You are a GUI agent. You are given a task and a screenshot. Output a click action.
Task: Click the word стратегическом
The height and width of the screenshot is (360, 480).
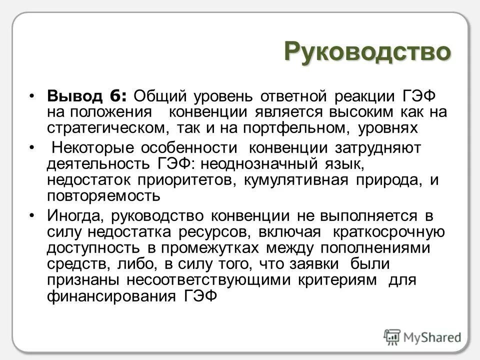[x=108, y=127]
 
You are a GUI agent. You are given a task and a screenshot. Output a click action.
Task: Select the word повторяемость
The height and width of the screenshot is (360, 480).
[x=104, y=196]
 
